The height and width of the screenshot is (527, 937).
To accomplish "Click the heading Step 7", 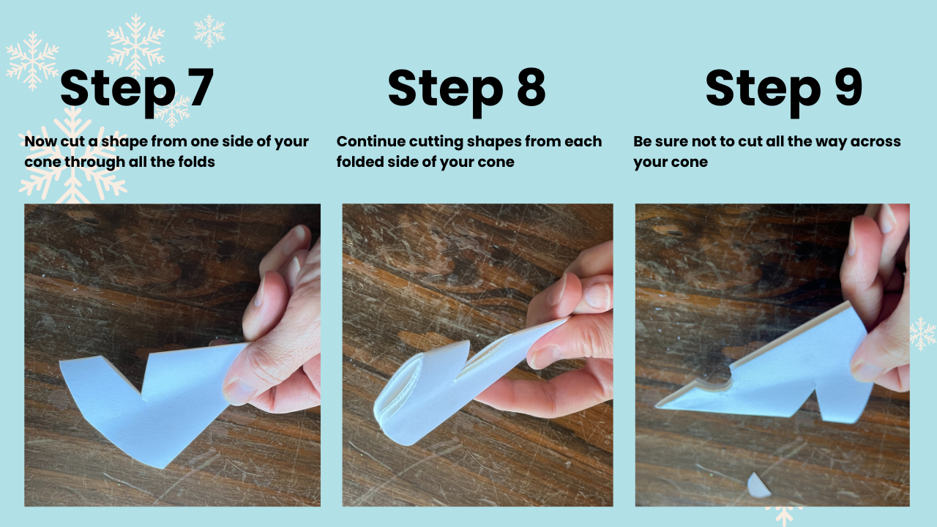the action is [x=137, y=90].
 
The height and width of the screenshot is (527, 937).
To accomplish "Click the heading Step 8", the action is [x=467, y=90].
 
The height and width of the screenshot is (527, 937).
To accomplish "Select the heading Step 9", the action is [x=784, y=90].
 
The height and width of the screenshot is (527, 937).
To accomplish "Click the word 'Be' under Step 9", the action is [x=642, y=141].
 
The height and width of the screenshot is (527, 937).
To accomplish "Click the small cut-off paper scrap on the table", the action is [x=758, y=486].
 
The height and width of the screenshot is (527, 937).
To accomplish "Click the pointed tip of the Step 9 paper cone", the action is [x=657, y=405].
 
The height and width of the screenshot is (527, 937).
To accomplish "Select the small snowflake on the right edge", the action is [x=922, y=333].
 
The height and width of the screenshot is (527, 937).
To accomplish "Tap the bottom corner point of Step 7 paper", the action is [x=161, y=467].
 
